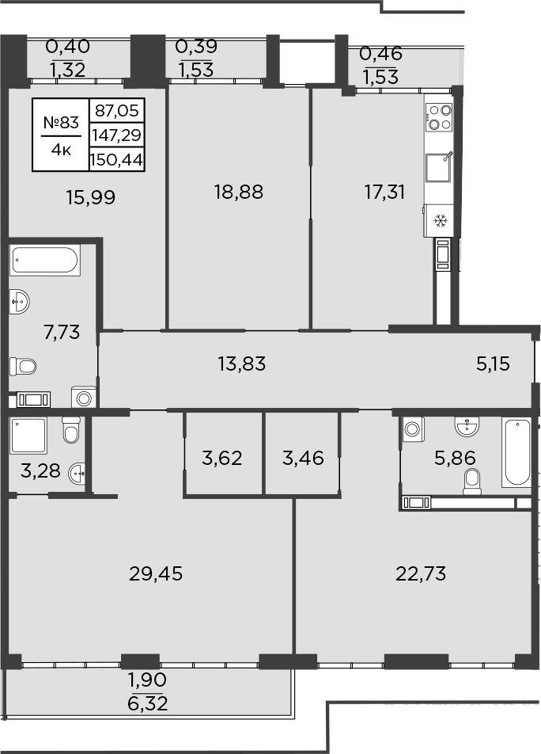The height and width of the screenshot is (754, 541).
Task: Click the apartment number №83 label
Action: coord(61,122)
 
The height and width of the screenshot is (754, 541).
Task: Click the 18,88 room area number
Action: coord(238,191)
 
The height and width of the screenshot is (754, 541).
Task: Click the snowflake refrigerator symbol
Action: coord(440,219)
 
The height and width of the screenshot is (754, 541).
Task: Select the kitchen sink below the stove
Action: coord(439,168)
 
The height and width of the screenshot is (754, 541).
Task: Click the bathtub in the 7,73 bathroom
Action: coord(45,261)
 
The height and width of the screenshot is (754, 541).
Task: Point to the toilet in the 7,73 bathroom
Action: coord(24,366)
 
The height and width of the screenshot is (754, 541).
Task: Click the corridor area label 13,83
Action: coord(241,364)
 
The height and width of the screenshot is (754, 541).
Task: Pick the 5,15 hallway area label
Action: coord(493,364)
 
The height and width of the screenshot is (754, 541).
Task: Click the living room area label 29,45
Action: coord(155,573)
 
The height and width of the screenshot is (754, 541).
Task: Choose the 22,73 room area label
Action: coord(421,573)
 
